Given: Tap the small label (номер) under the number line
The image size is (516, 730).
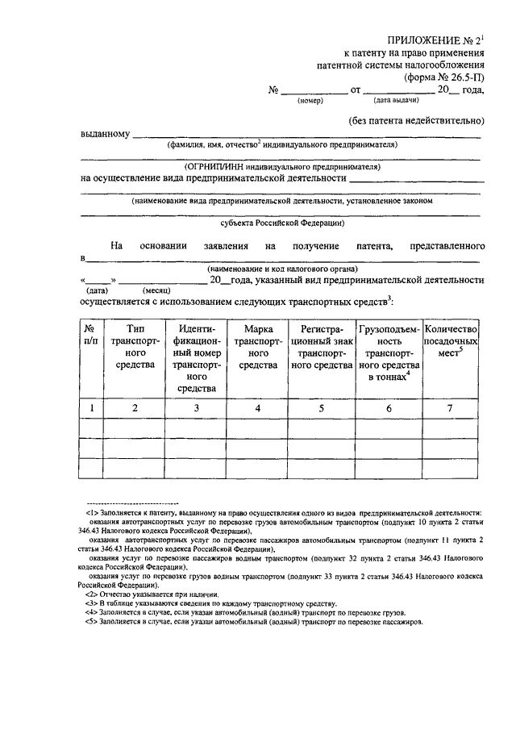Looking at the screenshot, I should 310,102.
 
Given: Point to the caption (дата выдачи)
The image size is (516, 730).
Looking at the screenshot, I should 395,101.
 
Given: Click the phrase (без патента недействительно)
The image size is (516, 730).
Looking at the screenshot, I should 416,122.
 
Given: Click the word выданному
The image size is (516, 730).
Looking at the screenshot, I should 105,134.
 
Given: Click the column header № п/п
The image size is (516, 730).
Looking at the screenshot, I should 92,336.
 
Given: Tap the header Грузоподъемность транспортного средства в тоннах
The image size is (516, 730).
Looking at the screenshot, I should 388,353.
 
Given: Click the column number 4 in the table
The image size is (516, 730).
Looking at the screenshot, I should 257,409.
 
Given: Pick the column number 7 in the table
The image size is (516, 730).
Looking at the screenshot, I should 451,409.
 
